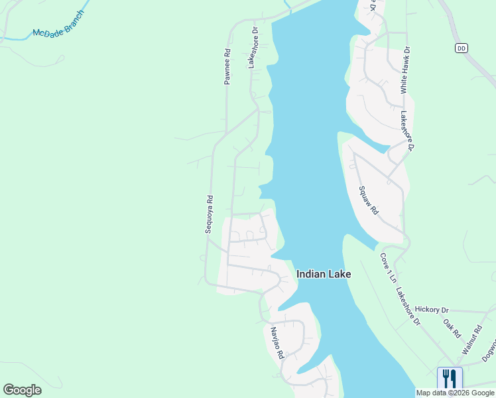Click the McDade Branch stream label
point(59,24)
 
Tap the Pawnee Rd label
point(227,66)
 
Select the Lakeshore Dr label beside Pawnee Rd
point(252,48)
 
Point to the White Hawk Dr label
point(404,69)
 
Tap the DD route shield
point(462,48)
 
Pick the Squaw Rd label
point(368,200)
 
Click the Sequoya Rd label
point(209,215)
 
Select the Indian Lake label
point(324,273)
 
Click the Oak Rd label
point(452,328)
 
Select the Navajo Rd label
point(277,343)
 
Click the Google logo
point(22,390)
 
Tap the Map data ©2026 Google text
point(456,393)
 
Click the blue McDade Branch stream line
point(20,38)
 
